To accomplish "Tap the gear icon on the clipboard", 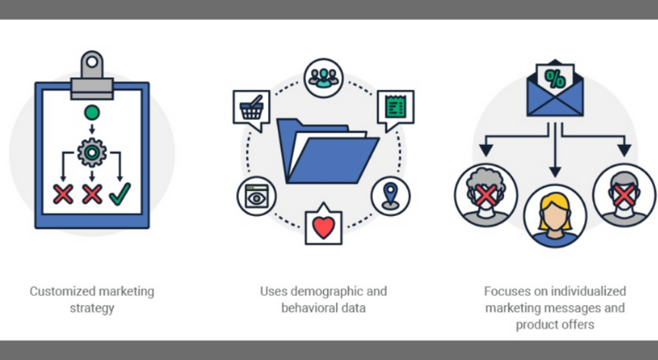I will (91, 152).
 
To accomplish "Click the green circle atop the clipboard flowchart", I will (91, 113).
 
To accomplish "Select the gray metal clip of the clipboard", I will (91, 72).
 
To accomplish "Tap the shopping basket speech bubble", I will (250, 109).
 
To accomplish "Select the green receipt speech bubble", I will (395, 108).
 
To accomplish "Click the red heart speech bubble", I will (323, 226).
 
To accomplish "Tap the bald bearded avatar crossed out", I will (624, 195).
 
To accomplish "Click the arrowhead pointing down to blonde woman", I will (555, 171).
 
